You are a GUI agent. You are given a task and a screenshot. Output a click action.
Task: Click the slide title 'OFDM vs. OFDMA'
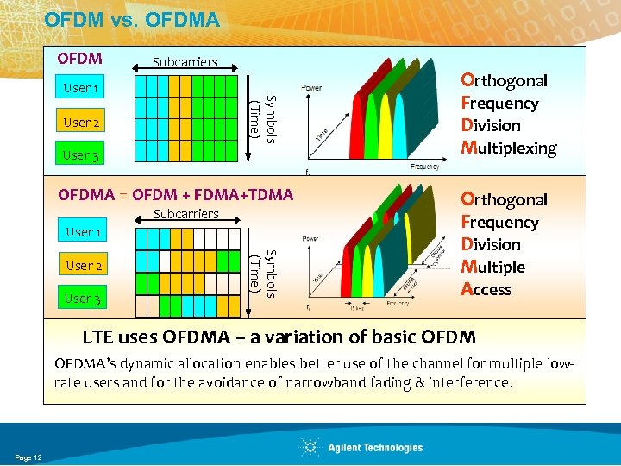coord(132,18)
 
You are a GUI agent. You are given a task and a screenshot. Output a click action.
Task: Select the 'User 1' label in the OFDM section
coord(82,88)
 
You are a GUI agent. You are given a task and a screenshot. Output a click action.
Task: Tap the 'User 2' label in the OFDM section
coord(82,123)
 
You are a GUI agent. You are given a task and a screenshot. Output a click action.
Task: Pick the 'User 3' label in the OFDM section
coord(82,155)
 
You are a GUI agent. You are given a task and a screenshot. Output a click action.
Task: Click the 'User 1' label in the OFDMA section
coord(84,232)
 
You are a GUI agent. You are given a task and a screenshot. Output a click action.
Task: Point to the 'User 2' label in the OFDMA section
coord(84,266)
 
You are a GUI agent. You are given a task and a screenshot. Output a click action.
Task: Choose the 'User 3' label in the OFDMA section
coord(84,299)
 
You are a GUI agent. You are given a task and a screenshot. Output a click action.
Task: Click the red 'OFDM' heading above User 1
coord(79,60)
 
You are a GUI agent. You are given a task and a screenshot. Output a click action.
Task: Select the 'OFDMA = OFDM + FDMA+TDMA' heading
coord(176,194)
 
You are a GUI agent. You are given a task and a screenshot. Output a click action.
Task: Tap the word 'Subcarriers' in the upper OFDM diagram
coord(185,62)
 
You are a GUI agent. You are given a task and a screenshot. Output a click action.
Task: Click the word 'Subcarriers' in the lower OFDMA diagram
coord(185,214)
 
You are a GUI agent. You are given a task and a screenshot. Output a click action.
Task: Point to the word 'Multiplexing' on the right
coord(509,148)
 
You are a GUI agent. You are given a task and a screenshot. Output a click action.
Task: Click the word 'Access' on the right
coord(486,290)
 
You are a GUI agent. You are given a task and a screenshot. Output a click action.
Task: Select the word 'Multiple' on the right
coord(493,268)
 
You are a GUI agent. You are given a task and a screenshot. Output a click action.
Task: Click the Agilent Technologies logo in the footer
coord(362,447)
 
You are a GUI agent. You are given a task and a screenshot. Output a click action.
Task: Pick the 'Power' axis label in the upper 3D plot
coord(312,87)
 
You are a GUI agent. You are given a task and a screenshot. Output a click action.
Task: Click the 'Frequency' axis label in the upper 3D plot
coord(424,166)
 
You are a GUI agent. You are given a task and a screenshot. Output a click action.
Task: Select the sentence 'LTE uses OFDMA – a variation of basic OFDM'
coord(278,337)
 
